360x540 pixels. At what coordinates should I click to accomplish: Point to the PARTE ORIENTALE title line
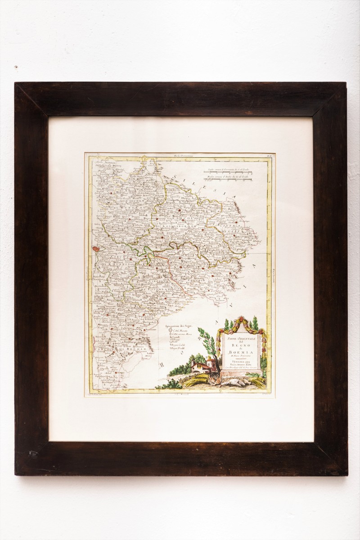240,339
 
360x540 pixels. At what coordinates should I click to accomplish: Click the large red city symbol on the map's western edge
96,248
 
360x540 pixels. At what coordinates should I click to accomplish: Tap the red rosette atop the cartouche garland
241,320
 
